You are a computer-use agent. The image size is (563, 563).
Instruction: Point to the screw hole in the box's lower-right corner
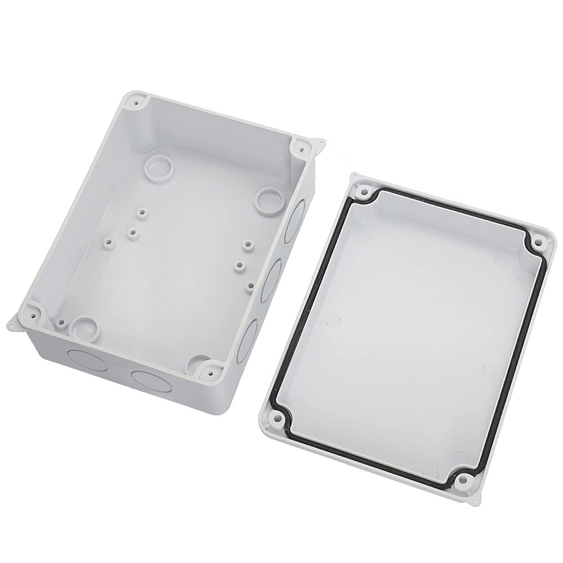click(211, 371)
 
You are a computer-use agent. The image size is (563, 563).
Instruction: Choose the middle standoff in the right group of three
click(240, 264)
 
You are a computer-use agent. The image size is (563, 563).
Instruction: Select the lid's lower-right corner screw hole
click(463, 480)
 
